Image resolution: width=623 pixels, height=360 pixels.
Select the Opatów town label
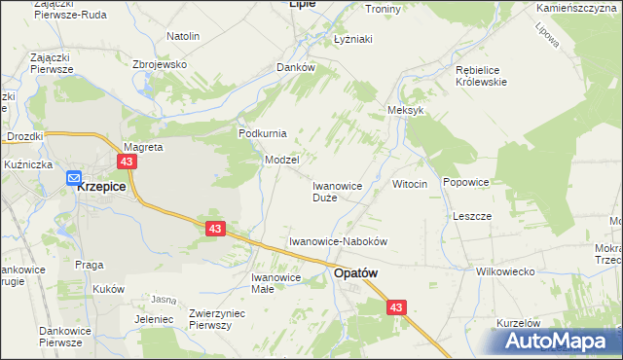pos(355,274)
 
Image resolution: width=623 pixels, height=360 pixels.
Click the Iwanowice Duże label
pos(338,191)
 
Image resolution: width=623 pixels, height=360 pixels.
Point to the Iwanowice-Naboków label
pos(340,240)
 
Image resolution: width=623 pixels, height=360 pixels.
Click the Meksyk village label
pos(406,111)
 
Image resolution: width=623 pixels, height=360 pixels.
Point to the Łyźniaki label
pos(354,39)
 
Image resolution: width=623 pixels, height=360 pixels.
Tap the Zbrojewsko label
pos(159,63)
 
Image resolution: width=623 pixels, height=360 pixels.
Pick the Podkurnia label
pos(262,133)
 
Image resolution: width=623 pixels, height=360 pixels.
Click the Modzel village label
pos(282,160)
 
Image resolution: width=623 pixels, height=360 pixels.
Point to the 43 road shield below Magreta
pos(127,162)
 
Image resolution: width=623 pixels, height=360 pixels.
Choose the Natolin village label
pos(183,36)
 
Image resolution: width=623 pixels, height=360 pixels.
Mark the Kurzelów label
pos(518,322)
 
